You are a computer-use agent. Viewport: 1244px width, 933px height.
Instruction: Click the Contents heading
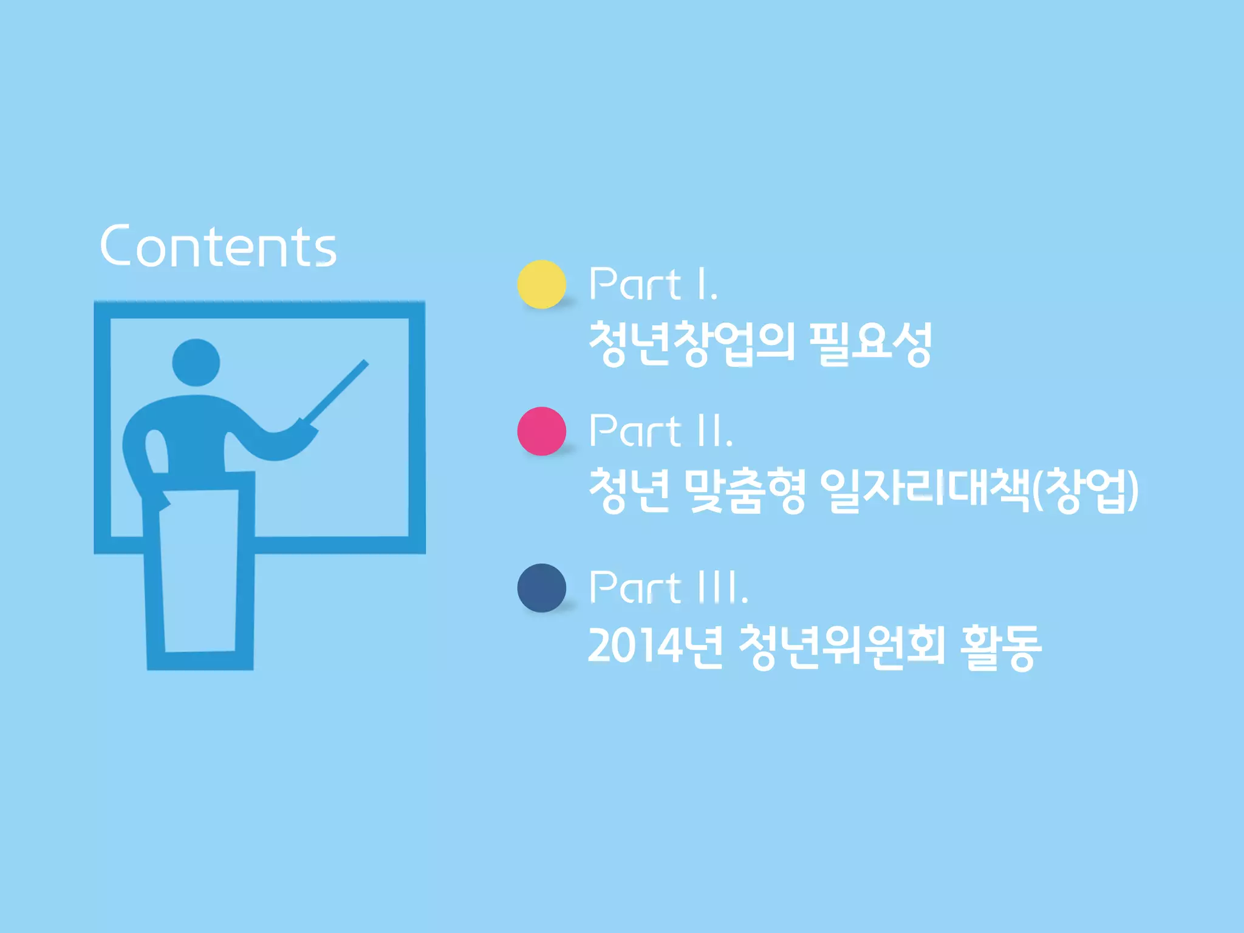pos(218,246)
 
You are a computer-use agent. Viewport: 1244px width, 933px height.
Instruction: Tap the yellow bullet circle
pos(541,284)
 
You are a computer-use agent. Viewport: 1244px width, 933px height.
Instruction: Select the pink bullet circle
pos(541,431)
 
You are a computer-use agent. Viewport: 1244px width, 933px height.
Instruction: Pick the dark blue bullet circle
pos(541,588)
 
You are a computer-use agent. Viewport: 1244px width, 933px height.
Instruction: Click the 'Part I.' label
pos(654,284)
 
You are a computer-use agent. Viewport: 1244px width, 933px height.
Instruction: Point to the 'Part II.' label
pos(661,431)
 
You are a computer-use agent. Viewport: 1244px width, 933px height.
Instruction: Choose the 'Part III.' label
pos(668,587)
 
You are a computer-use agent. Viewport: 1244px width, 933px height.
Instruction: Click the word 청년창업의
pos(692,344)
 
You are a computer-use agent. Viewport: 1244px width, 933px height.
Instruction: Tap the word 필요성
pos(871,344)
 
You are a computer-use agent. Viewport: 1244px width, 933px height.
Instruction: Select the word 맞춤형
pos(745,491)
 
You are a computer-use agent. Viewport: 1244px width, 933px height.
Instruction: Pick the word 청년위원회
pos(842,647)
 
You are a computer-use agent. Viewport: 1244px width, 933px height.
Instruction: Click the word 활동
pos(1000,647)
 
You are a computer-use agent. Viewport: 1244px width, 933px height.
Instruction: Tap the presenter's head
pos(196,363)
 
